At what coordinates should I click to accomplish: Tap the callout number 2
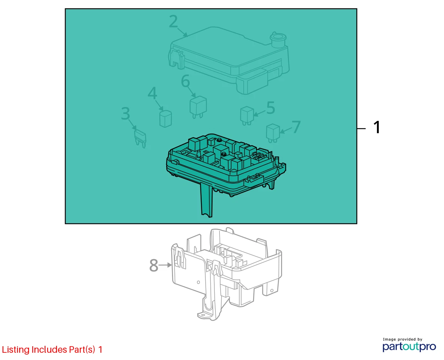point(173,21)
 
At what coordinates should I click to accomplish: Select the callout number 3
point(126,114)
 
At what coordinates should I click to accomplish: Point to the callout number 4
point(152,93)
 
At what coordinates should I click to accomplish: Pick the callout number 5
point(271,108)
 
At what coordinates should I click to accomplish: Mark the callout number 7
point(296,127)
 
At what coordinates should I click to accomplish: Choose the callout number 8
point(154,265)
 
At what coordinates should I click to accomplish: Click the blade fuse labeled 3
point(140,139)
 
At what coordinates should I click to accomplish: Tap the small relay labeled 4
point(165,119)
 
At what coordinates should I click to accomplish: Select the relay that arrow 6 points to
point(198,107)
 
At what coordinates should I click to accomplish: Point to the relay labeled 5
point(247,116)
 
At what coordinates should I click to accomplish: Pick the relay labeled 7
point(273,133)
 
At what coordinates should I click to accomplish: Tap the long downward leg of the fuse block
point(206,199)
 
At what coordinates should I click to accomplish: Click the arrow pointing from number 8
point(165,265)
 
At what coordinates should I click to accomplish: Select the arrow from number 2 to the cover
point(183,33)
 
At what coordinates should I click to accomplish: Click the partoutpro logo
point(409,347)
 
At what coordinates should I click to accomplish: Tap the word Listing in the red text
point(16,350)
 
